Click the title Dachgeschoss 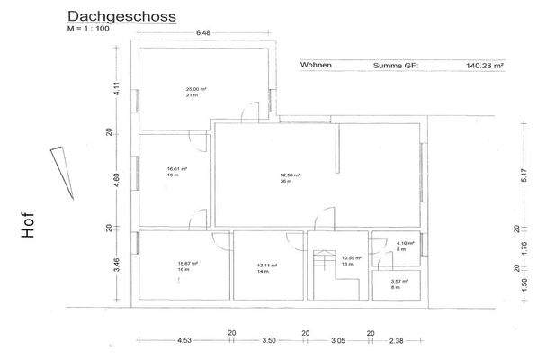pyautogui.click(x=121, y=16)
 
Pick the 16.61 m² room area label pyautogui.click(x=177, y=168)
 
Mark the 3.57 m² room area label pyautogui.click(x=399, y=281)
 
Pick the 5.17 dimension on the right pyautogui.click(x=524, y=175)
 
